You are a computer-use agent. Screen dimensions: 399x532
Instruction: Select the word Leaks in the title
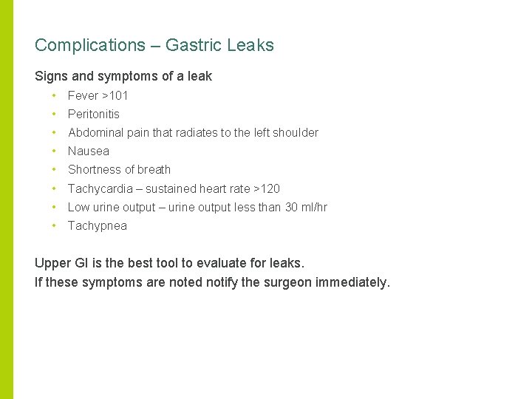(250, 45)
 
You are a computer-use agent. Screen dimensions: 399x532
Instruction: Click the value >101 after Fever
(115, 95)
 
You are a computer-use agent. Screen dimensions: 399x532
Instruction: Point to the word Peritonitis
(93, 114)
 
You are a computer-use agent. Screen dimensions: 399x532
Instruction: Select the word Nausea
(88, 151)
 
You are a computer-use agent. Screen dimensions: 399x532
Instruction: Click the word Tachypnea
(97, 226)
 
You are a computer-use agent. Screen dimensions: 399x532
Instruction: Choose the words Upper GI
(64, 263)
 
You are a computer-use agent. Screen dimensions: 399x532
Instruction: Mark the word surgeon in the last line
(282, 282)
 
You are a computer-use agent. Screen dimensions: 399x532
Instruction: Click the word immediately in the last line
(352, 282)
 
